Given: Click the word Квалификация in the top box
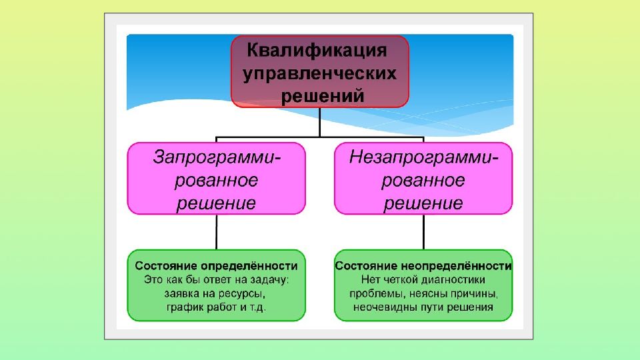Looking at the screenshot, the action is tap(317, 51).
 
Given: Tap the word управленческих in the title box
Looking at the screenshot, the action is tap(319, 74).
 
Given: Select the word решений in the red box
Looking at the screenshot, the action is tap(323, 96).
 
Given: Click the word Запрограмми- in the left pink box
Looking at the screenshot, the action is tap(217, 157).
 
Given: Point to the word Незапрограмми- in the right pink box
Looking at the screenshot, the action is tap(424, 157).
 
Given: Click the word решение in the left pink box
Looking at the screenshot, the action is tap(216, 203).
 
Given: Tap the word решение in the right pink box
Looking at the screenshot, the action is tap(423, 203).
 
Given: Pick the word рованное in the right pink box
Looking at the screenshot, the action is tap(423, 181).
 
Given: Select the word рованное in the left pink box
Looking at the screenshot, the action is tap(216, 181).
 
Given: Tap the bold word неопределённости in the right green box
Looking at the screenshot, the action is tap(456, 266).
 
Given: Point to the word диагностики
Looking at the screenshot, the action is tap(453, 280).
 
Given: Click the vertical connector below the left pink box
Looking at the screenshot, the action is tap(216, 232).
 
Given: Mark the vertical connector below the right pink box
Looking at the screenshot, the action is tap(424, 232).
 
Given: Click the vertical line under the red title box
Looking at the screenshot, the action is tap(319, 122).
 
